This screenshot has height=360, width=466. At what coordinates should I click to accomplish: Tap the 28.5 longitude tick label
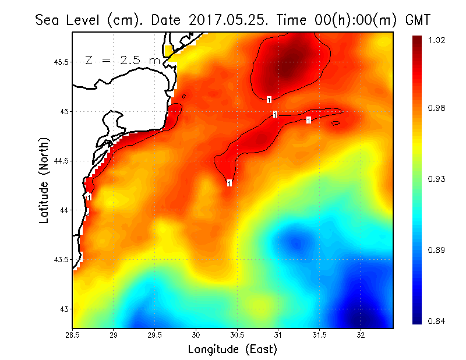coord(73,335)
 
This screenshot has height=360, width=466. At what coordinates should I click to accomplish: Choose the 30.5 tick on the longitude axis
coord(237,335)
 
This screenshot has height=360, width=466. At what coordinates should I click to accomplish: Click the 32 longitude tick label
coord(361,335)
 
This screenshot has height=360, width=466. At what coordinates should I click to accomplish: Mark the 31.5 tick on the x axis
coord(319,335)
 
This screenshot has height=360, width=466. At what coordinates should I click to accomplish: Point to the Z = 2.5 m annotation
coord(122,60)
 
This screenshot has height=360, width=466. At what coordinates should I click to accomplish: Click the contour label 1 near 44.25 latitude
coord(230,183)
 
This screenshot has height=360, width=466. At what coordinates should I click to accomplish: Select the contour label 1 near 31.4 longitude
coord(309,120)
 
